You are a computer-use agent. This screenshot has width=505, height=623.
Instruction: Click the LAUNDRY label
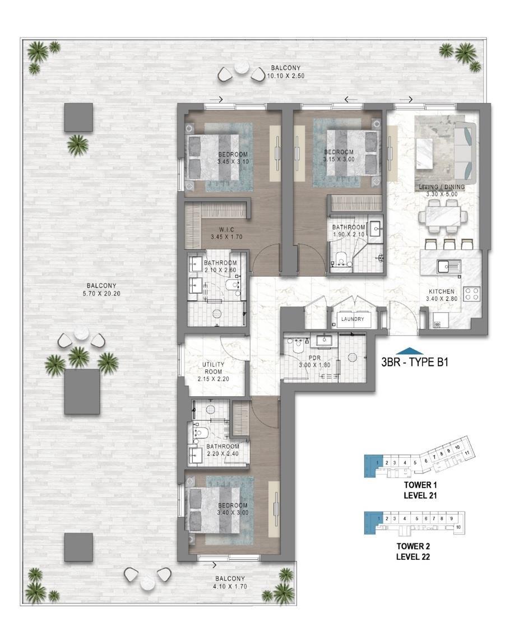[x=353, y=319]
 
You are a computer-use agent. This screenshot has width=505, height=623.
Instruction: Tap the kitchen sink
[x=449, y=266]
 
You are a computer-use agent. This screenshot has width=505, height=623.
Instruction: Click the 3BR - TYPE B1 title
[x=415, y=362]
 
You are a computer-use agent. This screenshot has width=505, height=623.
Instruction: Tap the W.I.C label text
[x=226, y=230]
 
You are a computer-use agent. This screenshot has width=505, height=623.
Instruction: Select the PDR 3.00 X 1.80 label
[x=314, y=361]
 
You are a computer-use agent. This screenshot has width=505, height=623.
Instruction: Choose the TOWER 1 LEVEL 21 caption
[x=420, y=490]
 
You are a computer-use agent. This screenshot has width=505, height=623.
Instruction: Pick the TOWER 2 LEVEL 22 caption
[x=413, y=551]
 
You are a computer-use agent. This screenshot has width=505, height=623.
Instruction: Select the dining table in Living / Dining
[x=442, y=217]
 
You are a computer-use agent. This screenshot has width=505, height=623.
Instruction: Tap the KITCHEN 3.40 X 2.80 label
[x=441, y=295]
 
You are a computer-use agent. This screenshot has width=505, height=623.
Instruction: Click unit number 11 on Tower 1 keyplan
[x=467, y=453]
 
